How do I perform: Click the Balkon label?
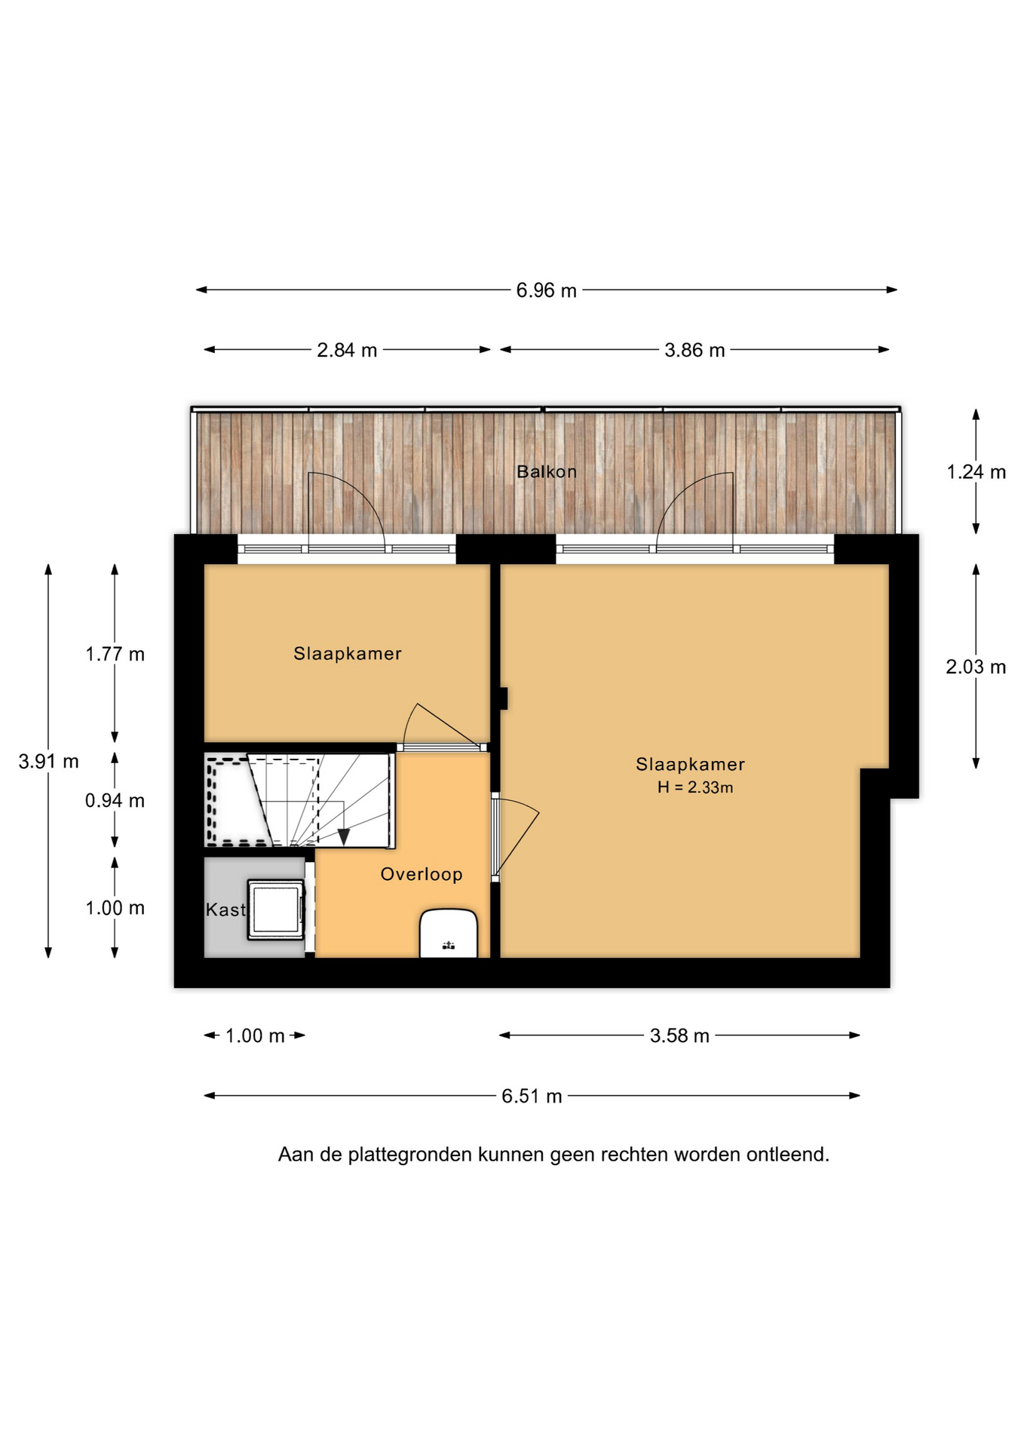click(547, 472)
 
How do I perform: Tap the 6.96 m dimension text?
click(546, 290)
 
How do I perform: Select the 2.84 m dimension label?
click(347, 350)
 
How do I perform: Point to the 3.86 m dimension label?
click(694, 350)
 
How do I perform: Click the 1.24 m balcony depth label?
click(976, 472)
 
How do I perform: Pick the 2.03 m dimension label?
click(976, 667)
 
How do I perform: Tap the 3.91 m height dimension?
click(48, 762)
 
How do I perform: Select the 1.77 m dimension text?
click(115, 654)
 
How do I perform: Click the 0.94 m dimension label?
click(115, 800)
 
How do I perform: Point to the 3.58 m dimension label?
click(679, 1035)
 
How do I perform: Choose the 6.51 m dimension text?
click(532, 1096)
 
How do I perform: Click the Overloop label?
click(422, 874)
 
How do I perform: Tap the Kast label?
click(225, 910)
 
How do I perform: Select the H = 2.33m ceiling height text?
click(694, 787)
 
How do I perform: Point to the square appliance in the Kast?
click(277, 910)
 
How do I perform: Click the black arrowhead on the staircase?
click(344, 836)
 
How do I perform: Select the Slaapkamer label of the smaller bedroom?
click(348, 654)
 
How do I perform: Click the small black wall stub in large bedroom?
click(503, 698)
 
